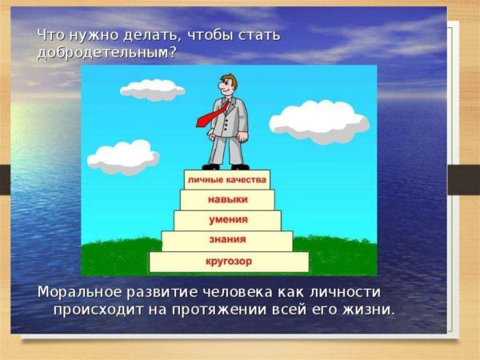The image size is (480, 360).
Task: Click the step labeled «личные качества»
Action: (227, 179)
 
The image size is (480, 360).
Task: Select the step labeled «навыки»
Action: (227, 199)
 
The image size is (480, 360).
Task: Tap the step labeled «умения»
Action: (227, 219)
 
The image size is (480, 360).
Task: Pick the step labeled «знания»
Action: (227, 240)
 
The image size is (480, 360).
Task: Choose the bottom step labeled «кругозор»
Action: (228, 261)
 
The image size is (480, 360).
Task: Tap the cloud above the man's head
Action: (153, 89)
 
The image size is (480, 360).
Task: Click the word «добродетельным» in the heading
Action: (103, 53)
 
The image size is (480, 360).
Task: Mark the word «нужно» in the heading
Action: (84, 35)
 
